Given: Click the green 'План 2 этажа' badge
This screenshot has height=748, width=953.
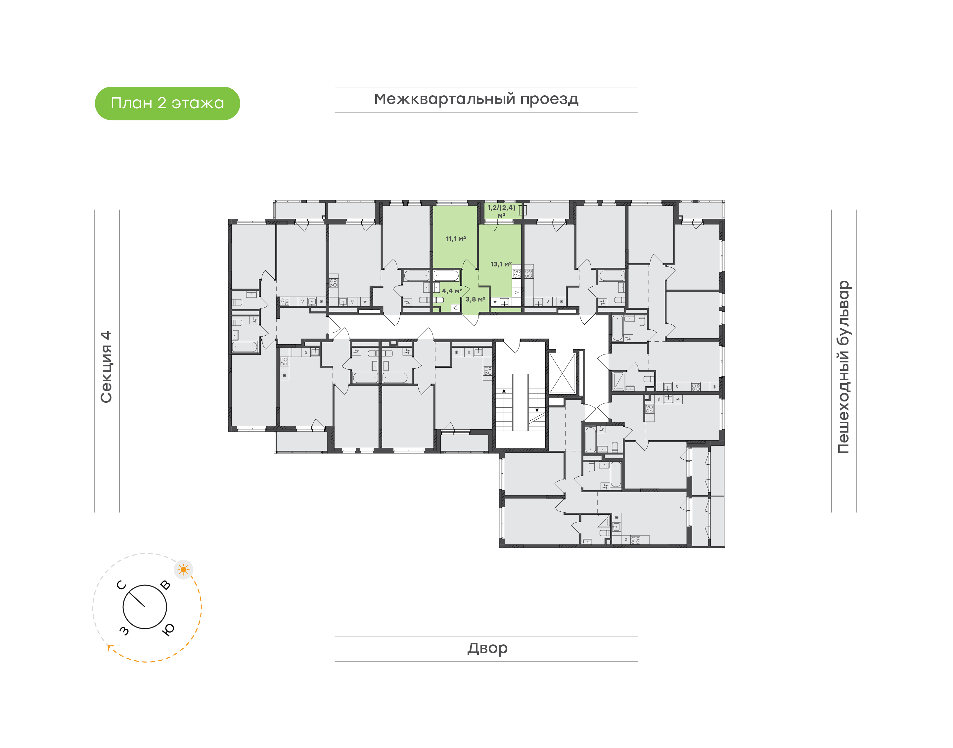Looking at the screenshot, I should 167,103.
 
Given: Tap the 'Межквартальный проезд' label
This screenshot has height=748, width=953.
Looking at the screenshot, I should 476,99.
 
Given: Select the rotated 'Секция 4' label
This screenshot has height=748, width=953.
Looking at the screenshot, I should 106,367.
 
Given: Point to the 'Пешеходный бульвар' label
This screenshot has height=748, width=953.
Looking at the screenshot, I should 843,367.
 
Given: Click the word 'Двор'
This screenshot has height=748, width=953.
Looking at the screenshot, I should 487,648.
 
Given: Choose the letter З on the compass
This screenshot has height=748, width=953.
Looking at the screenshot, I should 124,630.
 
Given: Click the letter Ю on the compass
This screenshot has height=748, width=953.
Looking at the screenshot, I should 168,629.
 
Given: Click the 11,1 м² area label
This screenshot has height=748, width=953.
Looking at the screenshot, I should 456,239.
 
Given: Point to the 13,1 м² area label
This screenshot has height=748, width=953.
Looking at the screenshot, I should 501,264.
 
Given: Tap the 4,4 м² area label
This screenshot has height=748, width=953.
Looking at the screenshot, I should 452,291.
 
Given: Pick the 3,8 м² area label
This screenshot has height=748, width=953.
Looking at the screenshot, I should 475,299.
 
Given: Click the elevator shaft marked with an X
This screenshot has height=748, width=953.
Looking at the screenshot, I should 562,374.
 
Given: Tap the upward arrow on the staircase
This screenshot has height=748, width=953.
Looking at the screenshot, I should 504,391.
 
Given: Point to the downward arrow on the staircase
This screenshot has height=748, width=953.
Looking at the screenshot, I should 537,410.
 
